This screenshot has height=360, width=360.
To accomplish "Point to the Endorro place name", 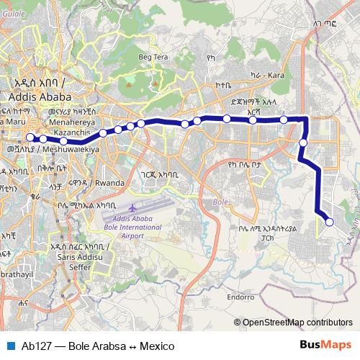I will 242,296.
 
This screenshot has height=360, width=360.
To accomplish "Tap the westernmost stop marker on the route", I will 30,138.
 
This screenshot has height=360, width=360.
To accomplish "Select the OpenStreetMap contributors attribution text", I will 297,322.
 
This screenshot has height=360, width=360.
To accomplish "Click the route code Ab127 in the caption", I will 35,346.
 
